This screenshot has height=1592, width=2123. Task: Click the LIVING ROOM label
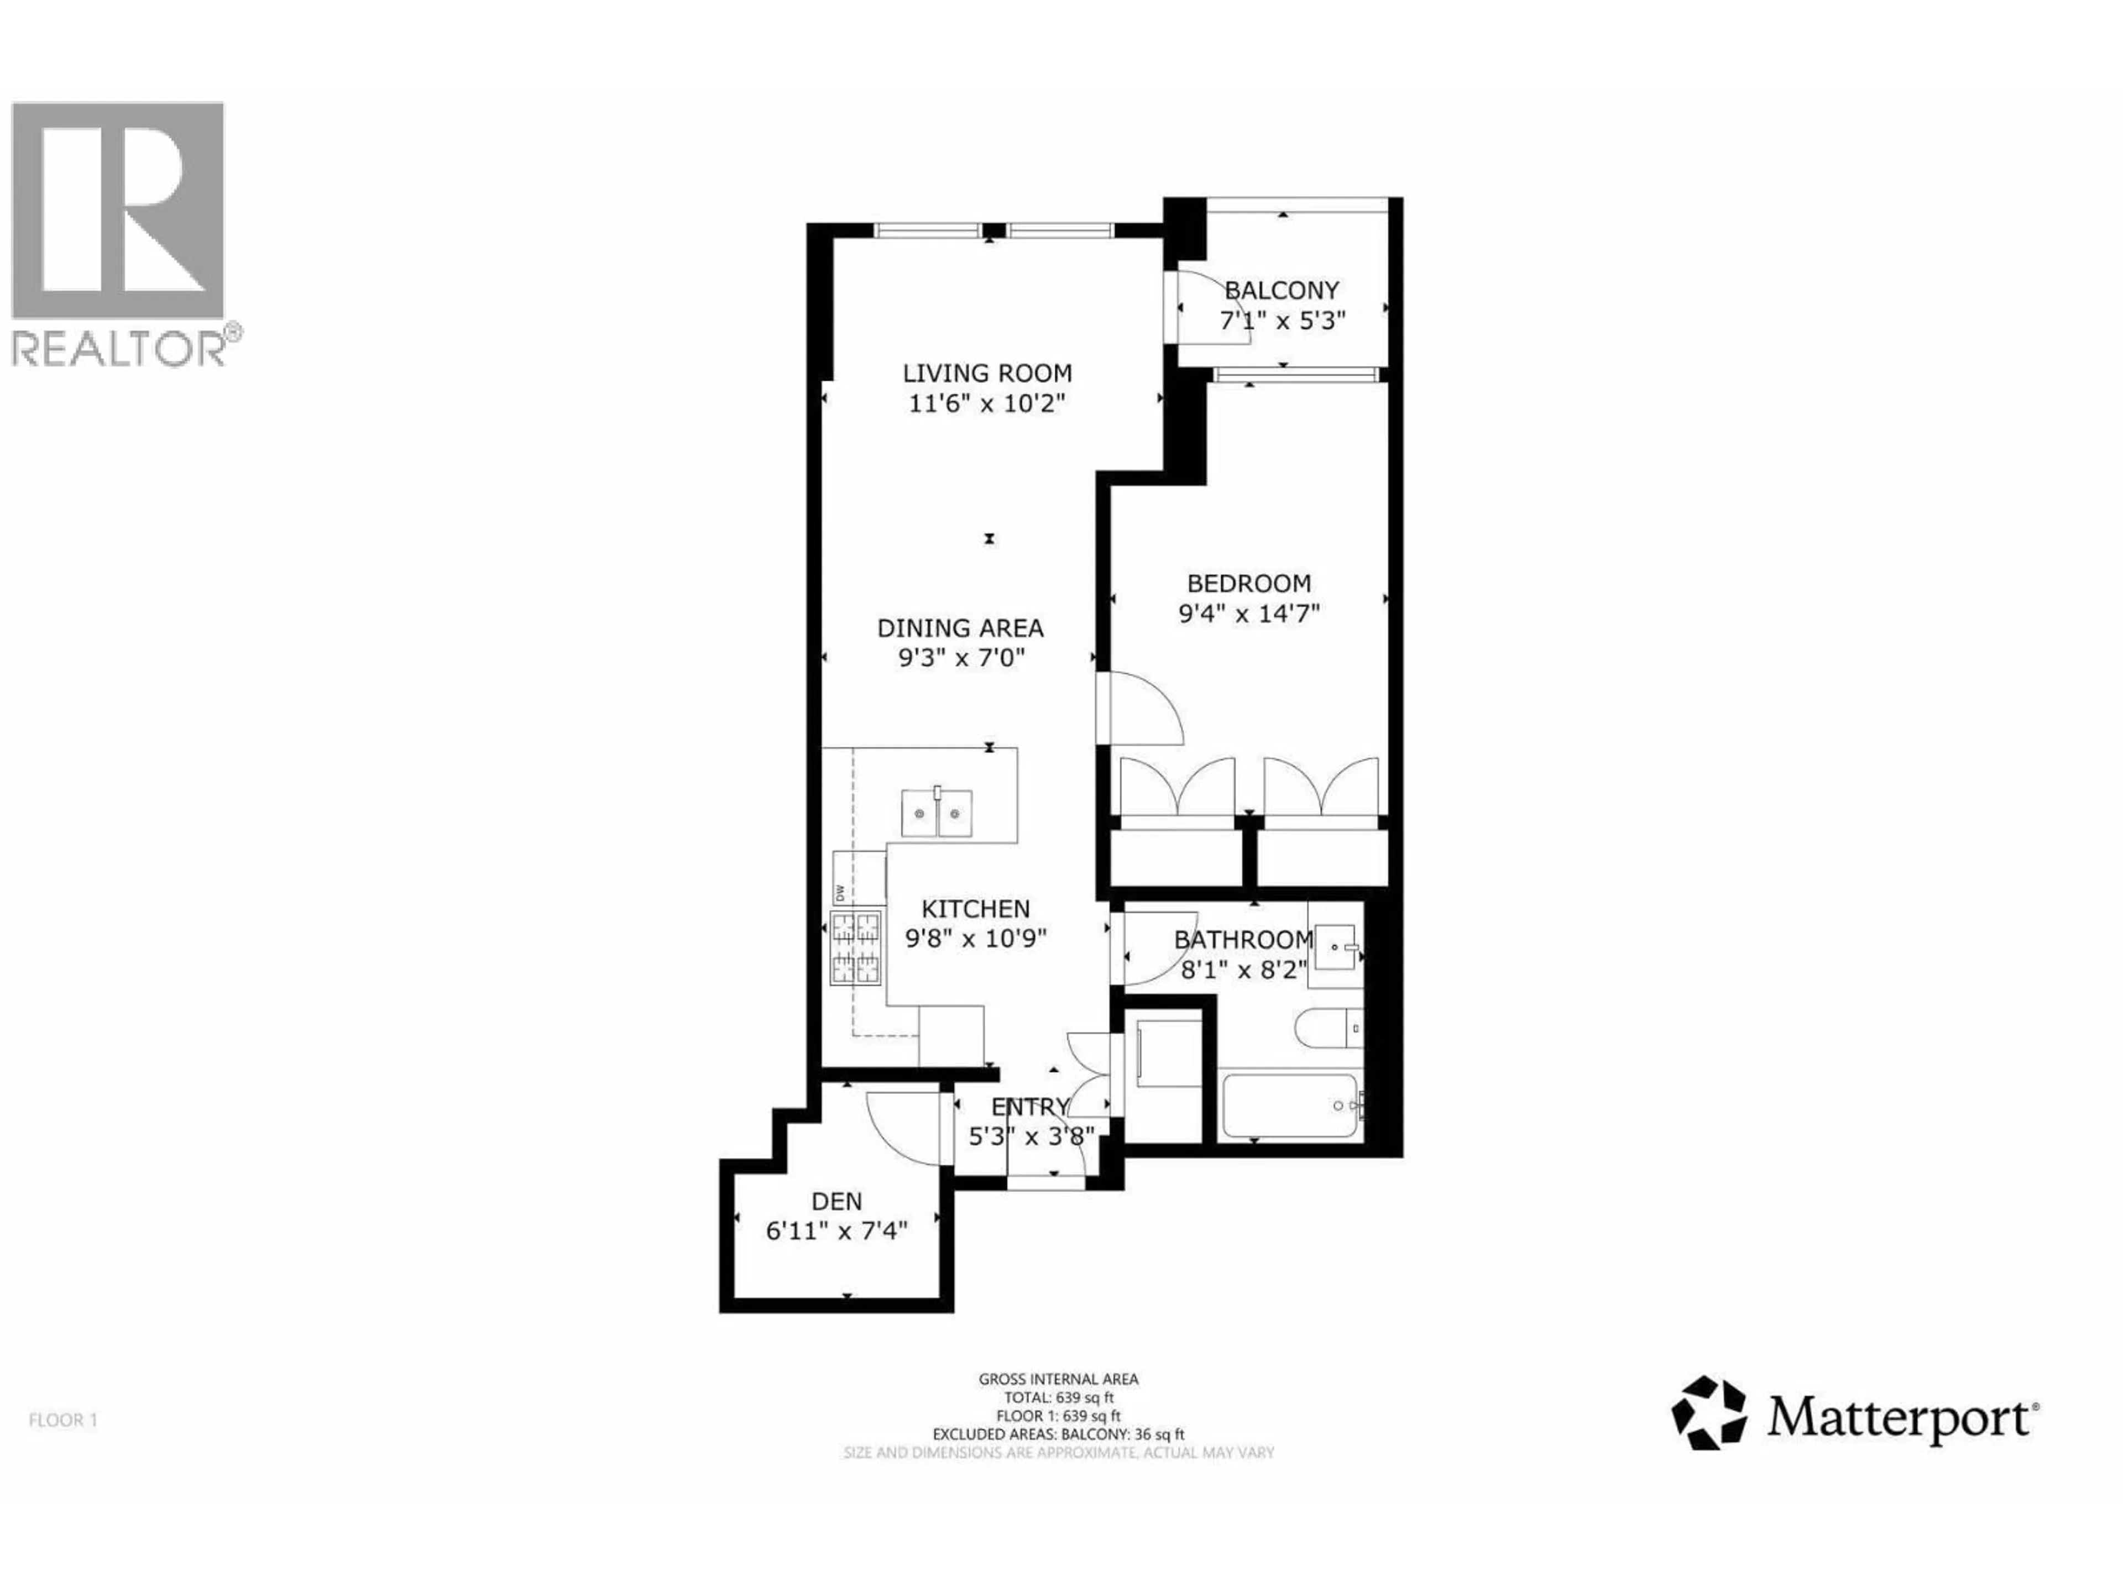pos(987,373)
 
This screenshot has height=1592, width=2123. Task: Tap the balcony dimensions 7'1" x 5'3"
pos(1282,321)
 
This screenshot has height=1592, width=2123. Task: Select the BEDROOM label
pos(1249,583)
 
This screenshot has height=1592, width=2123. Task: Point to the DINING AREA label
pos(960,629)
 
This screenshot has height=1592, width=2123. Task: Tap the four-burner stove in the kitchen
pos(855,947)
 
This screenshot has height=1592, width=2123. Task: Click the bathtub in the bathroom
pos(1291,1107)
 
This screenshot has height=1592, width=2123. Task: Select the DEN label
pos(837,1201)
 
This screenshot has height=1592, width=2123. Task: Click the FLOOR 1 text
pos(64,1420)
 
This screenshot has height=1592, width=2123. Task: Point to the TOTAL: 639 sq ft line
pos(1059,1398)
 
